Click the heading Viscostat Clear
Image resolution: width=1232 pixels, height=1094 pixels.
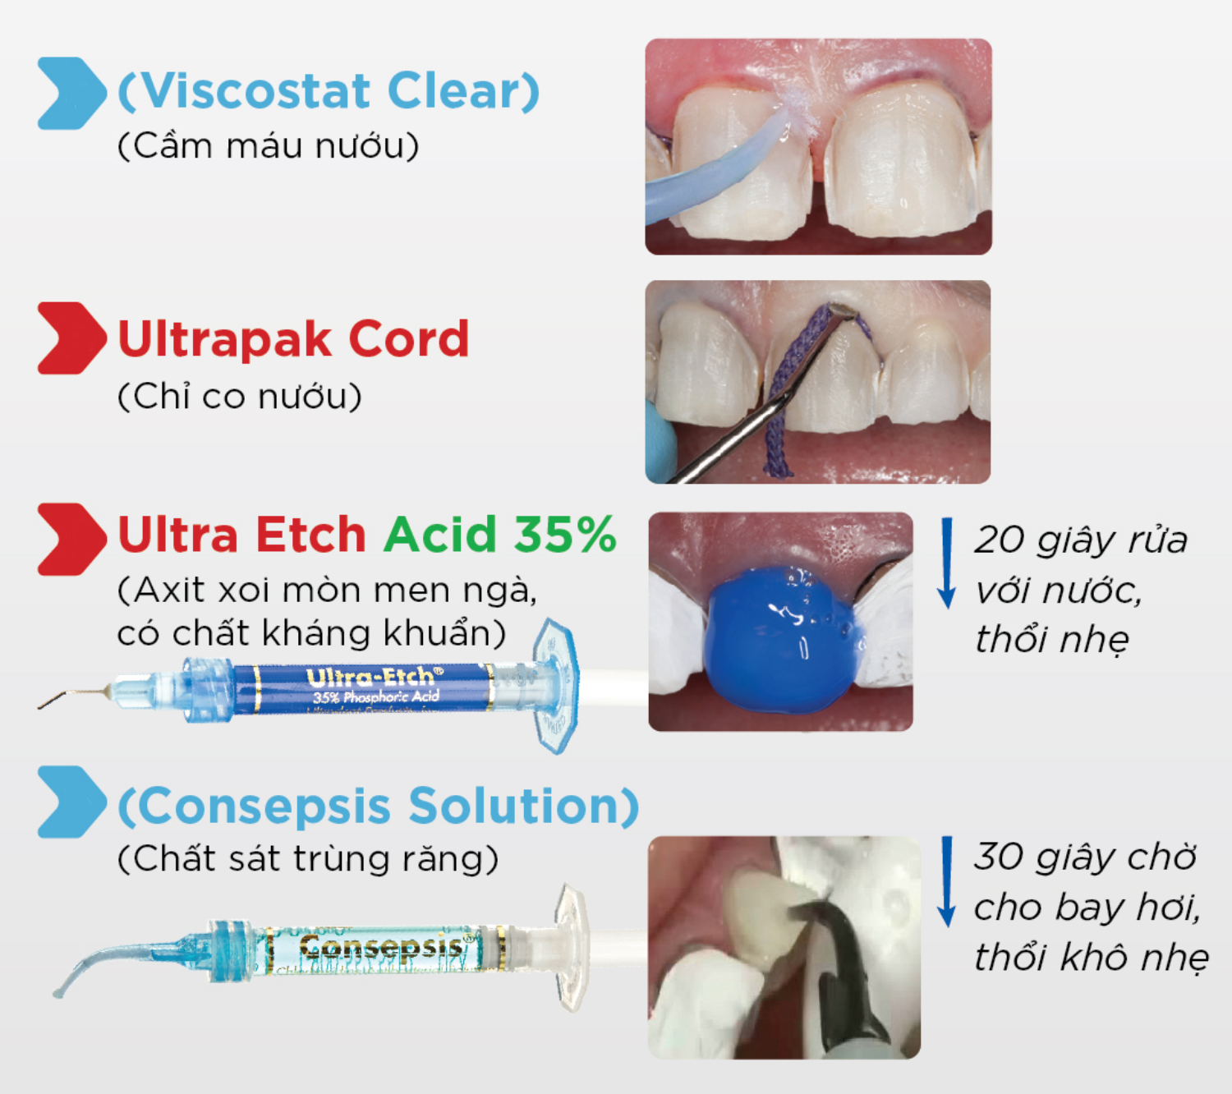(329, 90)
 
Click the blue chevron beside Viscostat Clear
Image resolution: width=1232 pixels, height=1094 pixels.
(71, 93)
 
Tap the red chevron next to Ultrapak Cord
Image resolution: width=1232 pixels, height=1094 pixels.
(71, 338)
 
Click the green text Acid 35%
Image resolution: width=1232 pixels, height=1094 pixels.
(499, 535)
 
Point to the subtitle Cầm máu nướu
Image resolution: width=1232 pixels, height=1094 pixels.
(268, 146)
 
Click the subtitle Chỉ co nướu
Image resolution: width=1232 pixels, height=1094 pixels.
(239, 397)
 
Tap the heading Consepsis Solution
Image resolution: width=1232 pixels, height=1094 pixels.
(378, 806)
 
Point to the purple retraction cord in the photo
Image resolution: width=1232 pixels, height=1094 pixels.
(780, 394)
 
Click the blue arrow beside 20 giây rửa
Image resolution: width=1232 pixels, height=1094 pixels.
(947, 563)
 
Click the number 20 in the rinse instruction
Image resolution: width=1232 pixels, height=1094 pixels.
(1000, 540)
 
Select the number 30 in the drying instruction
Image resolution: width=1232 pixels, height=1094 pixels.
(998, 857)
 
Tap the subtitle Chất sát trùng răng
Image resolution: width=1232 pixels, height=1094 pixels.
(307, 859)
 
